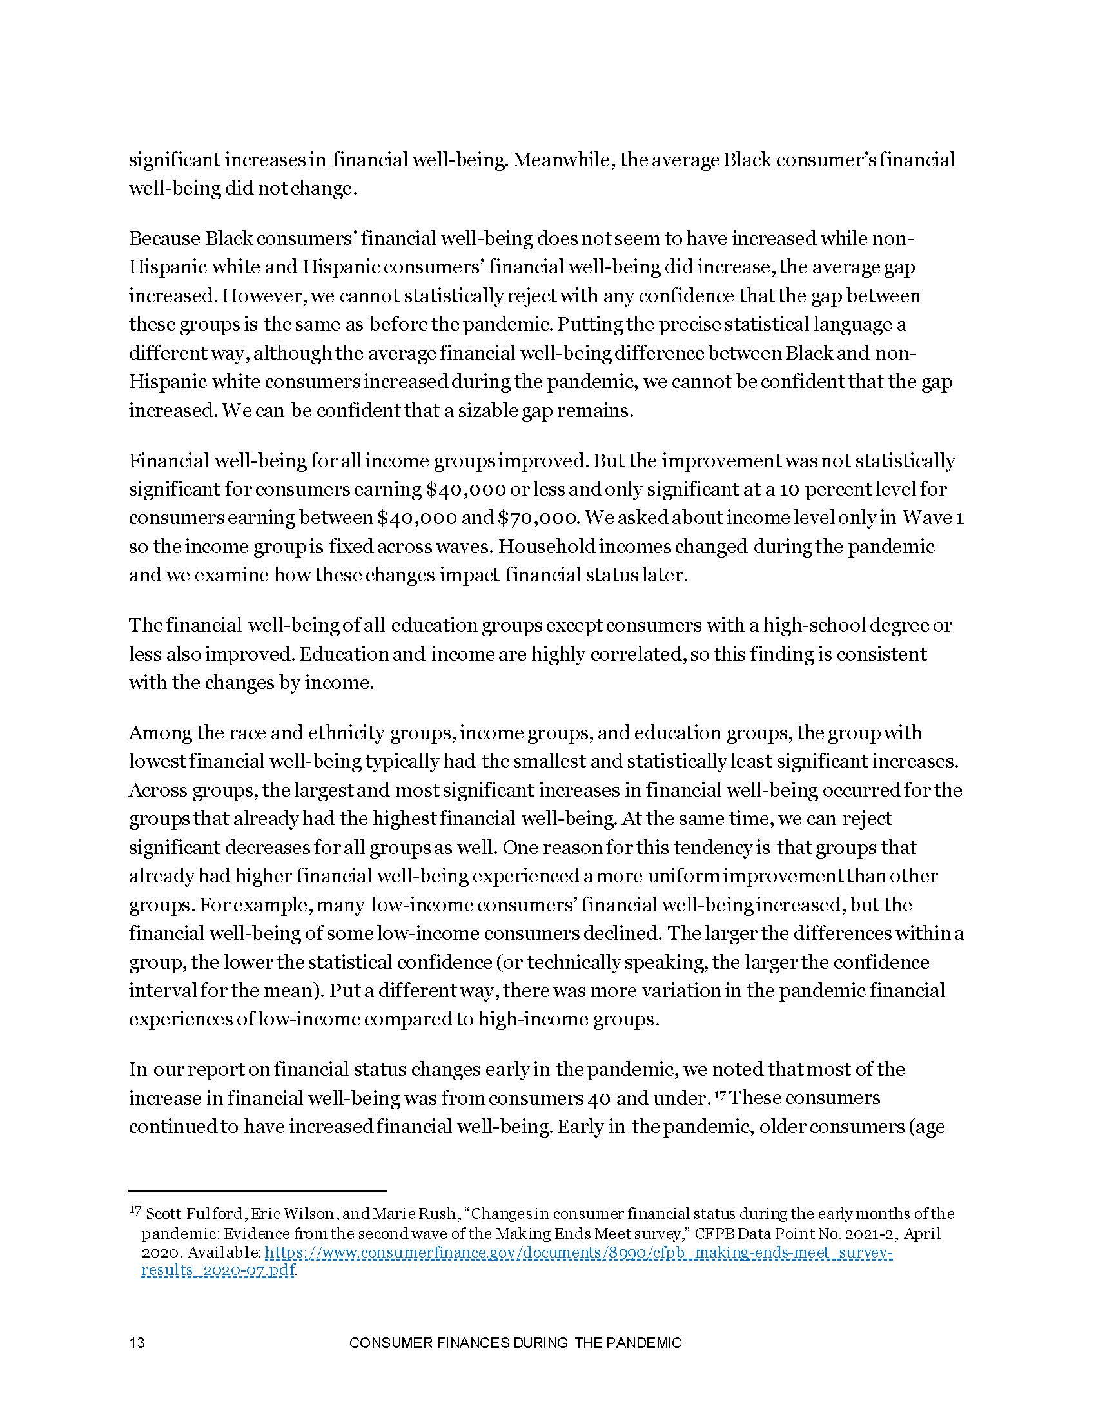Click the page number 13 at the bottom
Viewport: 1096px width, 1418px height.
pos(136,1343)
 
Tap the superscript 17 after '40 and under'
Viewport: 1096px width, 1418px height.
pos(721,1096)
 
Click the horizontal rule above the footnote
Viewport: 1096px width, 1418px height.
pos(257,1190)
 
